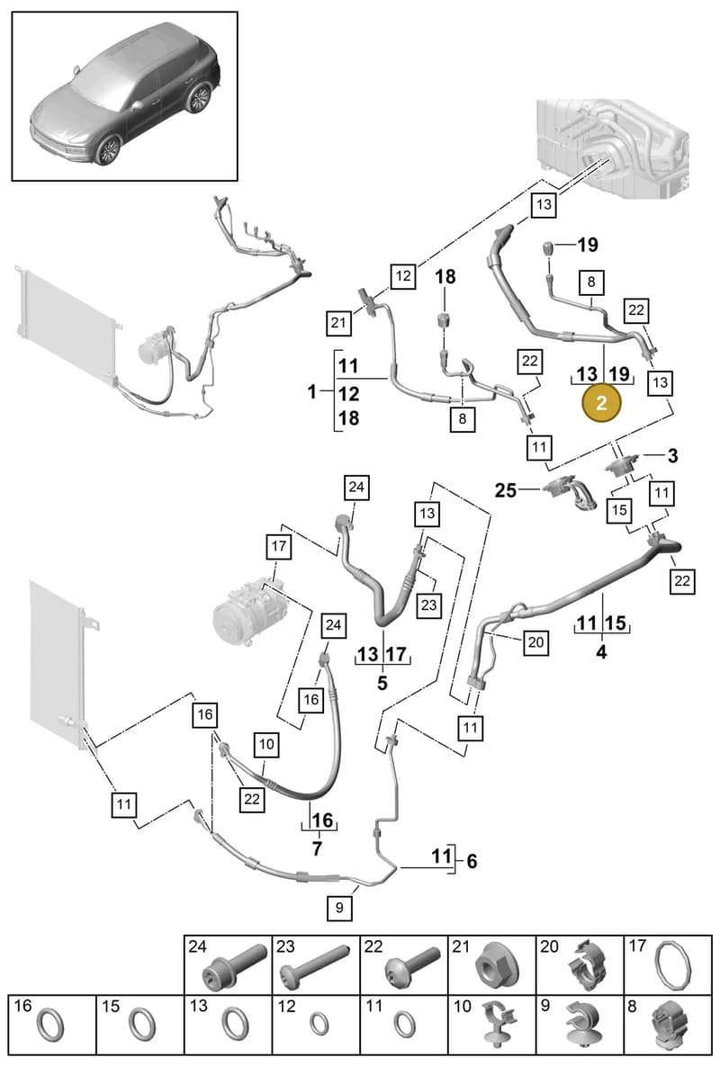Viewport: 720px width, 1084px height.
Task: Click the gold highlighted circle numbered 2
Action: (601, 403)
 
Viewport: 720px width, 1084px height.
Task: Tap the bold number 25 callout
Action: (506, 490)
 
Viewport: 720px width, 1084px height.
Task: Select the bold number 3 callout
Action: (672, 455)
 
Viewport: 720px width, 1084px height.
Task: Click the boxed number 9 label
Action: (339, 908)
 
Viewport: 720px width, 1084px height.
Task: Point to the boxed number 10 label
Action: (266, 744)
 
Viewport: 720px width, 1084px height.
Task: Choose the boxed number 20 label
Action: (536, 642)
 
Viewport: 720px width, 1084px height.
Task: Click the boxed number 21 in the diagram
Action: (338, 323)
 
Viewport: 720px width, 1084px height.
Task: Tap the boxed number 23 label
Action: (429, 605)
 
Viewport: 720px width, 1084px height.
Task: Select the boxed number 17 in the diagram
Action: (279, 546)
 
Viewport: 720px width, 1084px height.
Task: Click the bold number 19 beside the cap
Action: (588, 245)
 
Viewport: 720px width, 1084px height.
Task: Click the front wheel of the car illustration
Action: (108, 148)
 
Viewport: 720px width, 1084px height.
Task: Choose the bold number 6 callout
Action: (471, 862)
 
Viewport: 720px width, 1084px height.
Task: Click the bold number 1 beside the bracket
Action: (312, 391)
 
